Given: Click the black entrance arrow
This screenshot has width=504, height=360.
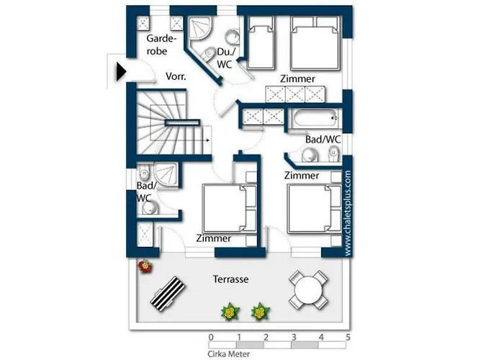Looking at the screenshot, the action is [121, 72].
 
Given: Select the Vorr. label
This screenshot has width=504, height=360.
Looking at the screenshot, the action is [176, 76].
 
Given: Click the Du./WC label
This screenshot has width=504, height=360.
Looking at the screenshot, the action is [226, 58].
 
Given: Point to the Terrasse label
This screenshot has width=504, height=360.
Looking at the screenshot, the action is [231, 279].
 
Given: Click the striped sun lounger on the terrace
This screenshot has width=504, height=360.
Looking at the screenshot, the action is [168, 294].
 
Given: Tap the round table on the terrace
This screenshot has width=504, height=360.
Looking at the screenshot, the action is [309, 290].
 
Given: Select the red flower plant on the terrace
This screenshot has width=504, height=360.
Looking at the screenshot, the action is [145, 266].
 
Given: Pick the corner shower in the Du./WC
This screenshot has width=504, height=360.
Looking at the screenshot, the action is [199, 28].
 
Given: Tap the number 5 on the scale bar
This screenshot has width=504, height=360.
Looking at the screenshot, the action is [348, 338].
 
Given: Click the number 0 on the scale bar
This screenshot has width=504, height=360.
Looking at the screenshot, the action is [211, 338].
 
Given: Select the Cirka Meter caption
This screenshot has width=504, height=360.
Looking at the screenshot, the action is [228, 354].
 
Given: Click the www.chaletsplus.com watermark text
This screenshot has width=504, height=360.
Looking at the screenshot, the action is [348, 213].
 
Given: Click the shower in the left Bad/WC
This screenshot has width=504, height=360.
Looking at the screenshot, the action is [166, 174].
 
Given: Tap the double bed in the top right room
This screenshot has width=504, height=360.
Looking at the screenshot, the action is [315, 42].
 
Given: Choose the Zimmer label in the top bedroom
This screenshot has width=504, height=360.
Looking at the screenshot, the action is [297, 78].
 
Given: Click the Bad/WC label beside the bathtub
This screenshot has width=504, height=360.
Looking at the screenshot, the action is [323, 140].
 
